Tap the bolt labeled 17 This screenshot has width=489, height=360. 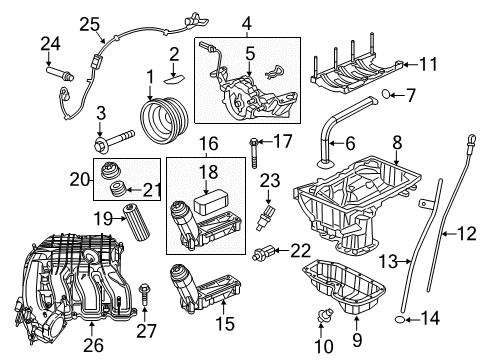click(253, 151)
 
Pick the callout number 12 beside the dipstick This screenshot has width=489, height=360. click(468, 236)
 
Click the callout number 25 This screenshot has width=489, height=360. click(90, 25)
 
